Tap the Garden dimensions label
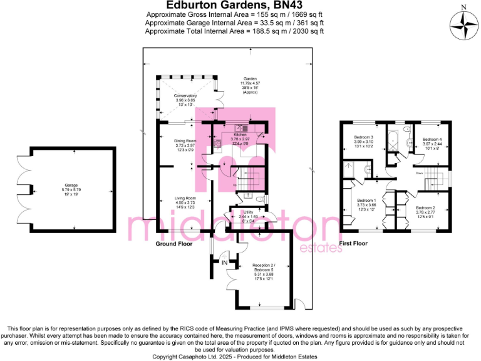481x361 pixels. click(249, 84)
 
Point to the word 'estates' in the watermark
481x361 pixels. click(321, 248)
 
